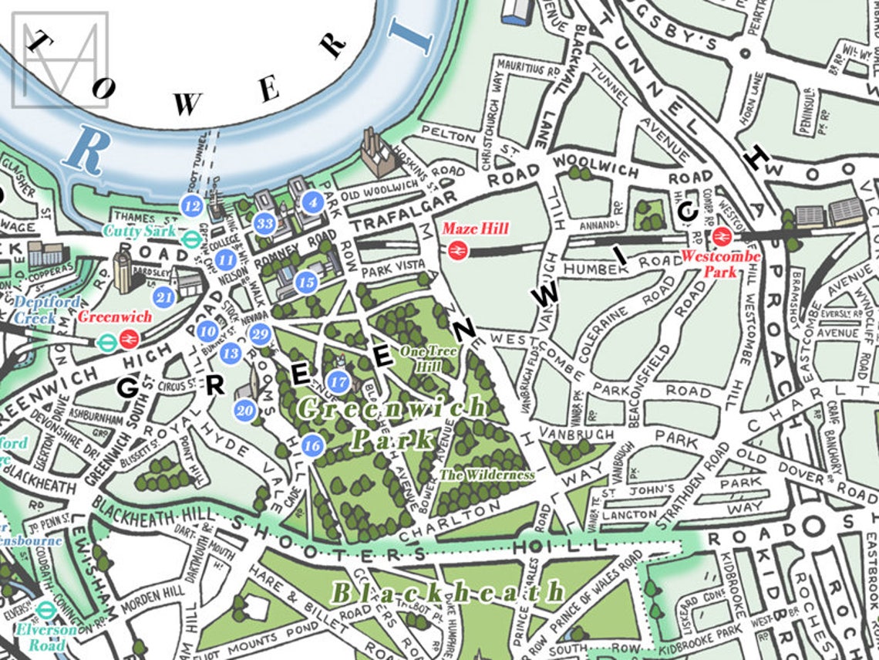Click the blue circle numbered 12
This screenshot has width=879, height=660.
pos(192,205)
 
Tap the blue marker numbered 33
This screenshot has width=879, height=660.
pos(264,224)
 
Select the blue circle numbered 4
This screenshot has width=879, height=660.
pos(312,203)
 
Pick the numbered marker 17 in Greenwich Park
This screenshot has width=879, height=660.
pos(338,381)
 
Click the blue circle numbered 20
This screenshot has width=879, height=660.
pos(246,411)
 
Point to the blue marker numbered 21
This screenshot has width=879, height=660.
pos(163,296)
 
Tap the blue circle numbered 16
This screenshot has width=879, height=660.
pos(312,445)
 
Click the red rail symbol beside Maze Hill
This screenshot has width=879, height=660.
pos(456,249)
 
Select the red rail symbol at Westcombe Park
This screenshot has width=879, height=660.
pos(722,235)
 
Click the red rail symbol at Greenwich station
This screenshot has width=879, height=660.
pos(129,338)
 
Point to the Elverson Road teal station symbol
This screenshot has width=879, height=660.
pos(45,610)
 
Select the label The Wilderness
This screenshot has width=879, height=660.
pos(487,475)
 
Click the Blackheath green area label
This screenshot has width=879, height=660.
pos(447,593)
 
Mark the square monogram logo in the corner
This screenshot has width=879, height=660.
pos(60,59)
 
